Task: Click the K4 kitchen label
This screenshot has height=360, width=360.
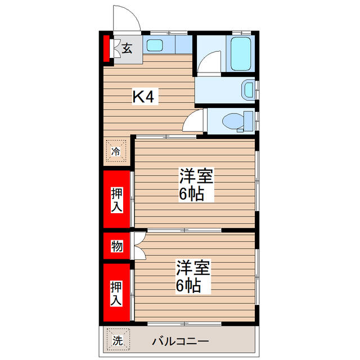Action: point(143,97)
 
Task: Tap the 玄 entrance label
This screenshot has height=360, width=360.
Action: point(127,48)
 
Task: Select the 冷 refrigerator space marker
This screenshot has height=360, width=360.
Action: point(116,151)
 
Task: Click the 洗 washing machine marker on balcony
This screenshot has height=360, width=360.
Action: point(117,340)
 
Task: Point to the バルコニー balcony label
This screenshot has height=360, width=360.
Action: point(181,341)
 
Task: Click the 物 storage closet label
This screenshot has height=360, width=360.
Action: point(116,246)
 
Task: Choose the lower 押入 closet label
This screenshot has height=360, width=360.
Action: point(116,292)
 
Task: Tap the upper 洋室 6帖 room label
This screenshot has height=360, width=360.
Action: point(195,185)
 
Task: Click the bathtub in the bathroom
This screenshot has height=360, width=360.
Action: point(240,53)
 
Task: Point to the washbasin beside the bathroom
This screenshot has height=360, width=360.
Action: point(247,89)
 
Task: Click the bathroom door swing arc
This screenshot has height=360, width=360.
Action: point(209,62)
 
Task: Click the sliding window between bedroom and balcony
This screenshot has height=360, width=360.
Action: point(186,323)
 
